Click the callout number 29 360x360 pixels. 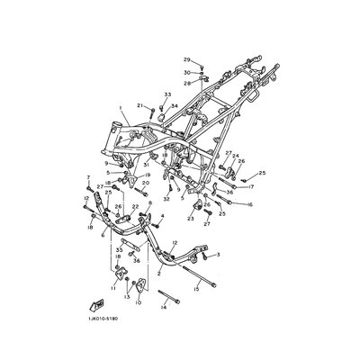tap(187, 59)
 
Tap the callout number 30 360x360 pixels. tap(187, 71)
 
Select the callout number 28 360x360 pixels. tap(187, 83)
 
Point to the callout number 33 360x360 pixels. tap(167, 94)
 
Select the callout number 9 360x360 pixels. tap(105, 163)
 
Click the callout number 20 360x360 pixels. tap(145, 183)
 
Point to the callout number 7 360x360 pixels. tap(89, 177)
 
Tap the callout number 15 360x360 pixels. tap(195, 289)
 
